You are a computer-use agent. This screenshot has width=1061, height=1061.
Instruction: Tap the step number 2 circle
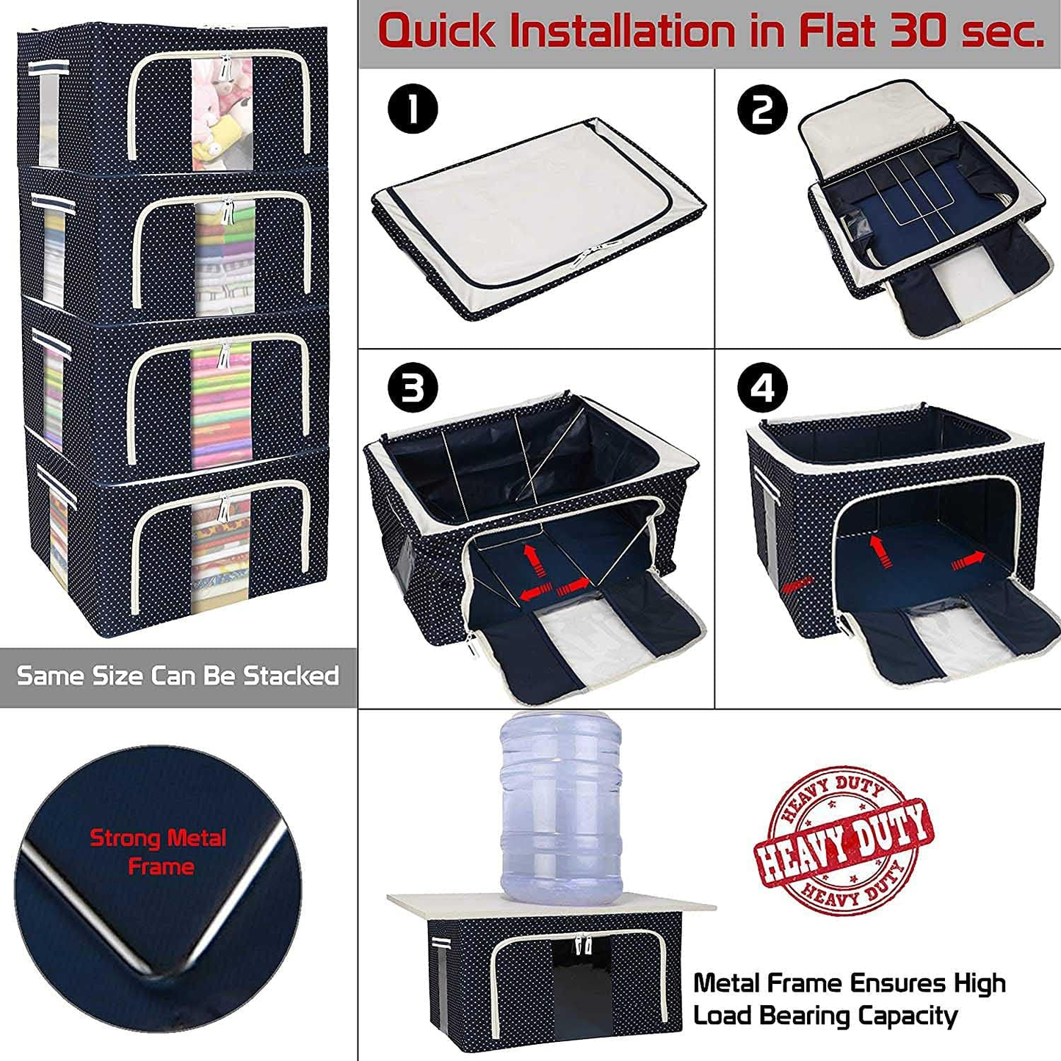[762, 109]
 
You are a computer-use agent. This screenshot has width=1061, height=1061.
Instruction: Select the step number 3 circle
[413, 388]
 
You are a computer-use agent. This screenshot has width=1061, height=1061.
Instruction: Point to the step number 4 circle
[763, 388]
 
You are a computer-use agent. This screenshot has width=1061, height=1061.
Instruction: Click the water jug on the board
[560, 808]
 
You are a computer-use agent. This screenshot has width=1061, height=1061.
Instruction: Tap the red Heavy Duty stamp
[844, 841]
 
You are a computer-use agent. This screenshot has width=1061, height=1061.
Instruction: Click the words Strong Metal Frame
[159, 852]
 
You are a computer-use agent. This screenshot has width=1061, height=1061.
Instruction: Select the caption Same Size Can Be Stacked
[178, 676]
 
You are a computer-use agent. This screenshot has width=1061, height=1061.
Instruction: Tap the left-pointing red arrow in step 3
[535, 592]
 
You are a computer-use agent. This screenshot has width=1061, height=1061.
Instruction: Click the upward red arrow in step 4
[876, 550]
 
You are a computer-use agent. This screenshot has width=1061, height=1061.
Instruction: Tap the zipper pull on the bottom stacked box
[224, 507]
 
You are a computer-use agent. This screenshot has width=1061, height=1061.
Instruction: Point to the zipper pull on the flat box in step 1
[587, 257]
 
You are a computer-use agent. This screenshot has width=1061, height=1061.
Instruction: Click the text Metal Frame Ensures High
[850, 982]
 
